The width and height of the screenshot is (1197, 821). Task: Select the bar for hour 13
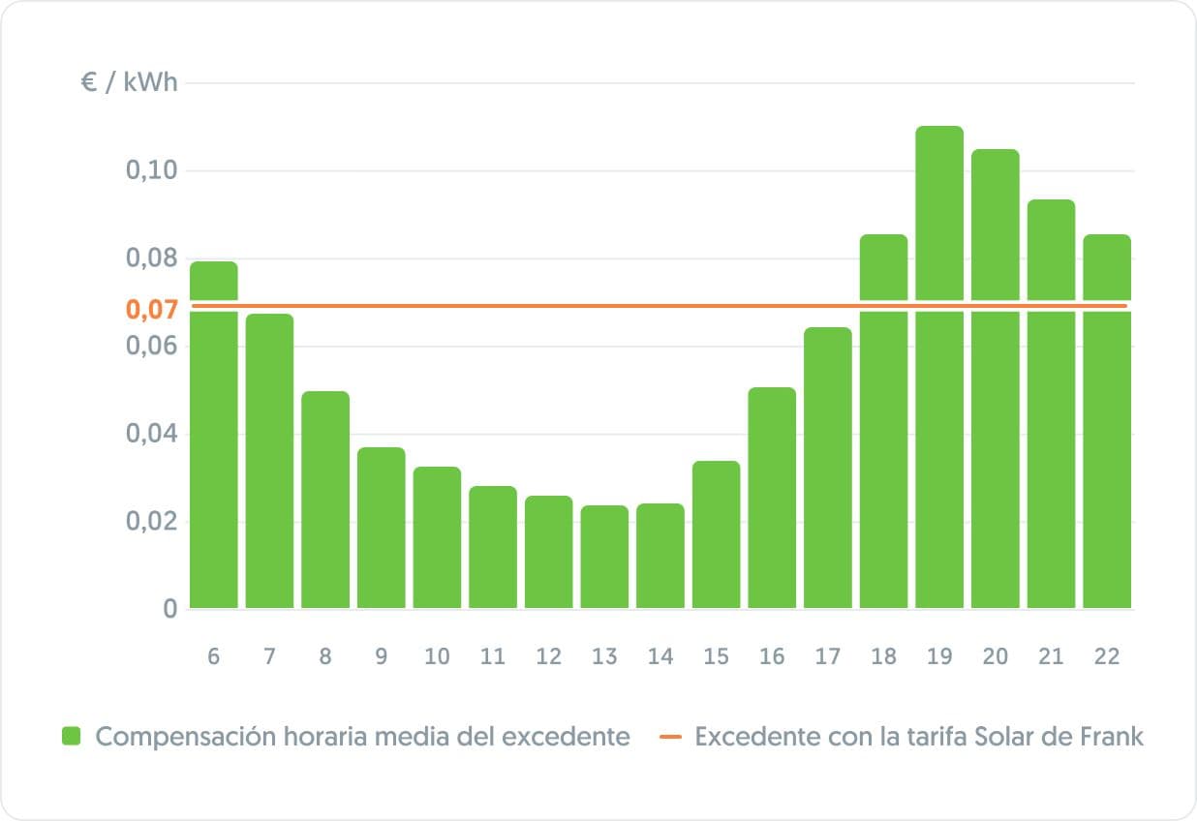[604, 557]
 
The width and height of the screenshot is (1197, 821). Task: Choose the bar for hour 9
[381, 528]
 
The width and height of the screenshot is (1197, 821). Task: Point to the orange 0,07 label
[151, 311]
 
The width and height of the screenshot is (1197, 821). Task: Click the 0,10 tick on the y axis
[151, 171]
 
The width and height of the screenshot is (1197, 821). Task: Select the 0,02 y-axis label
[151, 522]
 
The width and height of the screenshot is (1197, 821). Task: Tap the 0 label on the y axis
[170, 609]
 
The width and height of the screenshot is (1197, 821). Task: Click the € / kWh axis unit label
[129, 83]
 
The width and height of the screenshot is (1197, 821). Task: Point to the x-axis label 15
[716, 656]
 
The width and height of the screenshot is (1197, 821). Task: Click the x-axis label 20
[995, 656]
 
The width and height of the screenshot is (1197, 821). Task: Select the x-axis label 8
[324, 656]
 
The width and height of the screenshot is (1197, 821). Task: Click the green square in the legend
[71, 737]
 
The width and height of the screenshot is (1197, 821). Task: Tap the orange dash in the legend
[671, 737]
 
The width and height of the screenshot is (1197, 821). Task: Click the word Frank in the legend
[1110, 737]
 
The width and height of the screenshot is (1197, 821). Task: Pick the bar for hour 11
[493, 547]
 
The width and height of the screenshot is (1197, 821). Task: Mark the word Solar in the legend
[1006, 737]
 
